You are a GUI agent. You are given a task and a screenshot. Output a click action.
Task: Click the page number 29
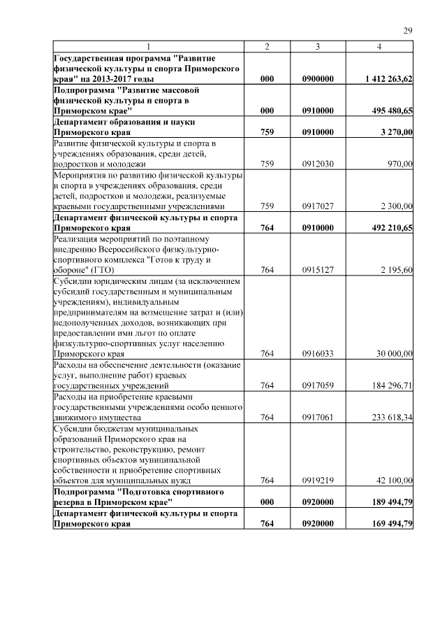click(408, 31)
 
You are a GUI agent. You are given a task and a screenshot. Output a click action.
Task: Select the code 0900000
click(317, 80)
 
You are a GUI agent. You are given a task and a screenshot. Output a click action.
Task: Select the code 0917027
click(317, 206)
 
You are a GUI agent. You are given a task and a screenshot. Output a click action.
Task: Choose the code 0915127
click(317, 270)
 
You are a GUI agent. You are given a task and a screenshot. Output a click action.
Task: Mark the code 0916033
click(317, 354)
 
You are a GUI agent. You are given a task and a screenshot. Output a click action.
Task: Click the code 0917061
click(317, 418)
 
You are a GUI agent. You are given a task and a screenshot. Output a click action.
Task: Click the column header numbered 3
click(317, 47)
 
